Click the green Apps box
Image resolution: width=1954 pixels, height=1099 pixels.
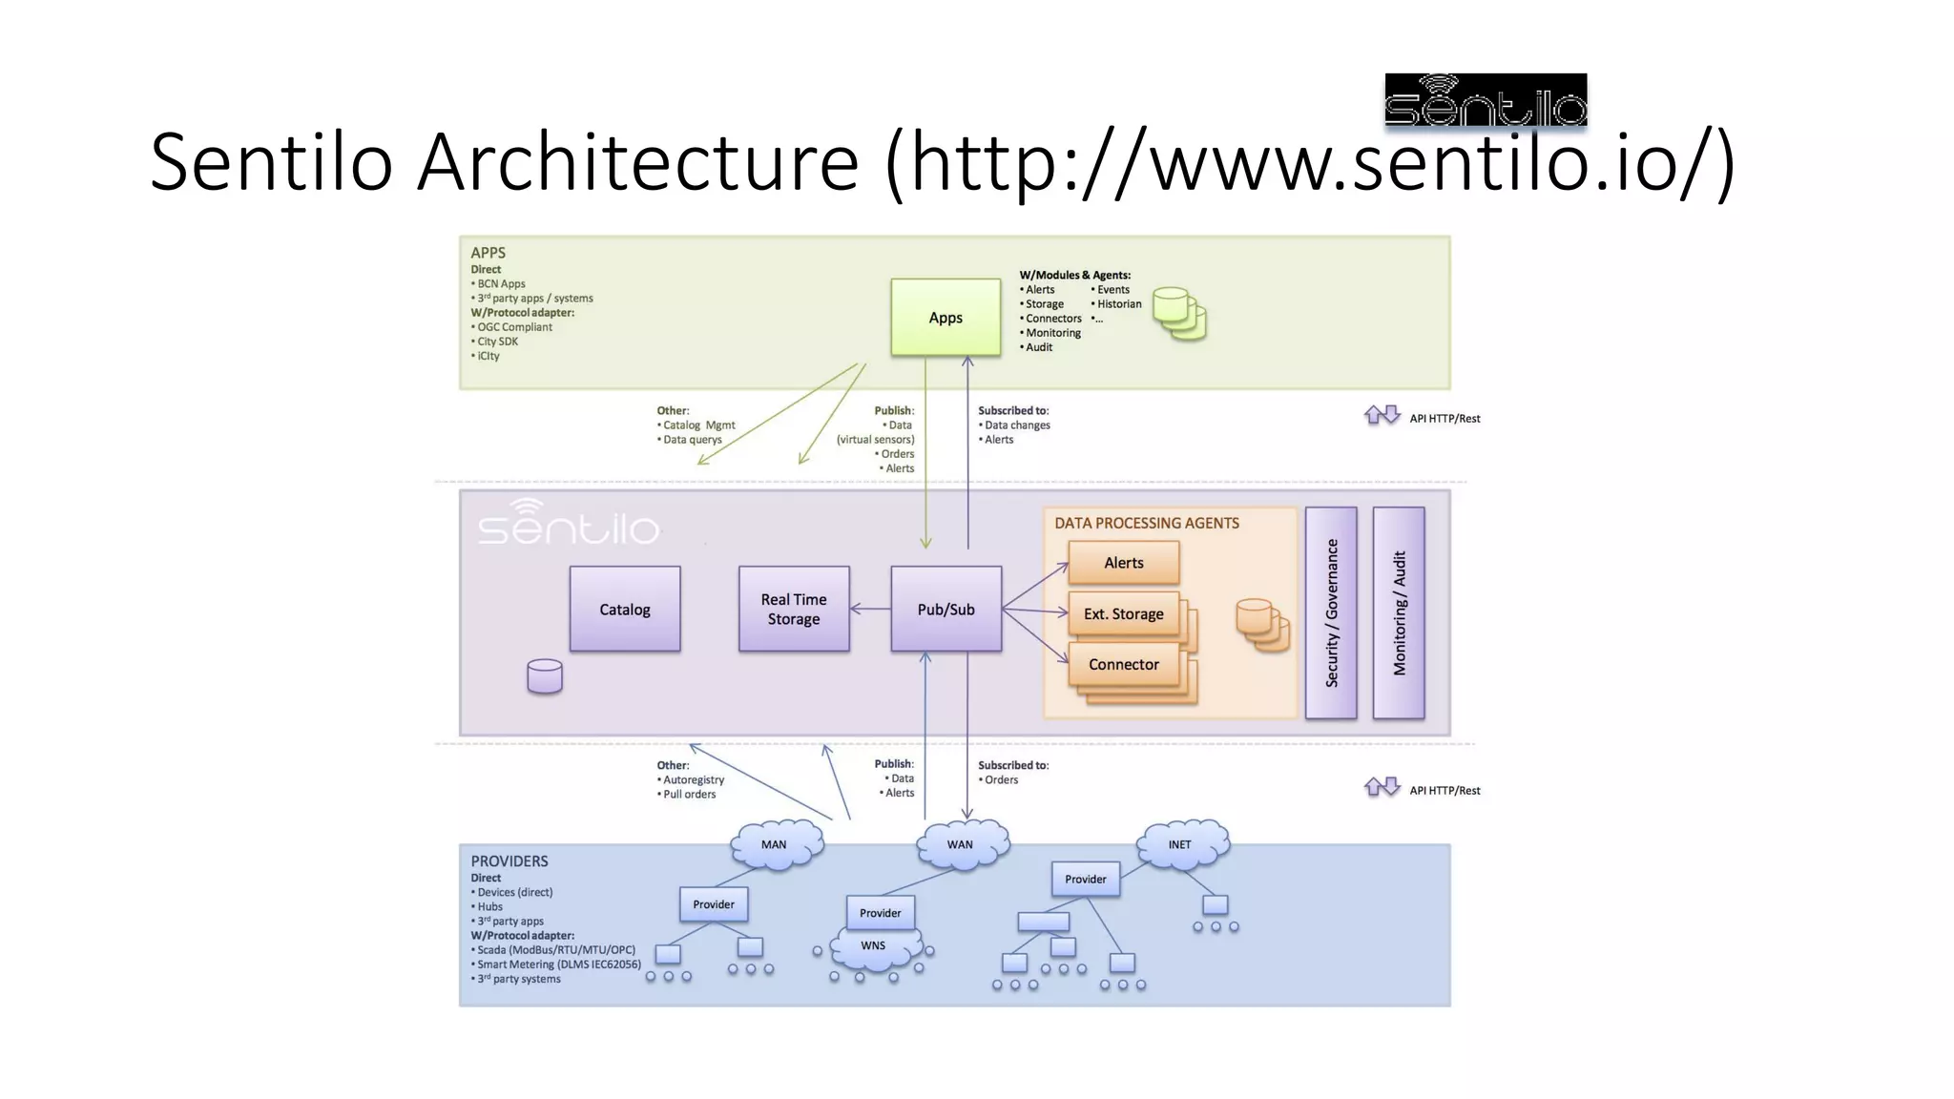point(946,318)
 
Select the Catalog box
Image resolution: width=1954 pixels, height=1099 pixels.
point(625,610)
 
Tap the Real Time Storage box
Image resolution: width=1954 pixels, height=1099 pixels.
point(794,610)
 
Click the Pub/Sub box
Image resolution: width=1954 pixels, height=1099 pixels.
point(946,610)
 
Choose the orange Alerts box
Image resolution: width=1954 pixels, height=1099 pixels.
point(1124,563)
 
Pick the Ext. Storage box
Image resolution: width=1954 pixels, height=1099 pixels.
point(1123,614)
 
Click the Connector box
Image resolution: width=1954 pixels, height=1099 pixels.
point(1123,665)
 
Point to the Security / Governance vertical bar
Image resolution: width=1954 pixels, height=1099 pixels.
point(1331,612)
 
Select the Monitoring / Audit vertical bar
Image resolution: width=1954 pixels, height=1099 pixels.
point(1399,612)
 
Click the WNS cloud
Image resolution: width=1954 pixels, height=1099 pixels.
point(874,946)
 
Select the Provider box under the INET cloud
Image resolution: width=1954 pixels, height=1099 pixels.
point(1086,880)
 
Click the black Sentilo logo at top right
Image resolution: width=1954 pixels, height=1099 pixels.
point(1486,100)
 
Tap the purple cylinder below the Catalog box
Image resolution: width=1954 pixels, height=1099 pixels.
point(545,676)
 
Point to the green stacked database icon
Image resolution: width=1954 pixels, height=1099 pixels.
point(1179,314)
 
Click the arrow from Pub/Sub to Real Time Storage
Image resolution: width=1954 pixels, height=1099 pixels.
point(870,609)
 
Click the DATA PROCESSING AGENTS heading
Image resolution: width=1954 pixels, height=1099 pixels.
point(1147,524)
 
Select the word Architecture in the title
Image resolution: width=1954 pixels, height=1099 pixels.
point(637,162)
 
